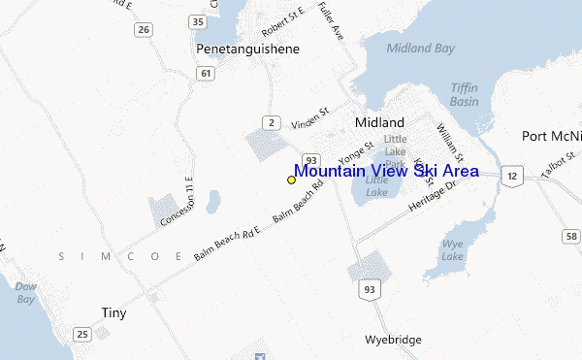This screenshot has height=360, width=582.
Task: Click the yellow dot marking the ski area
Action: [x=291, y=180]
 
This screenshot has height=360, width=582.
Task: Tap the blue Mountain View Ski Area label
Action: [x=386, y=171]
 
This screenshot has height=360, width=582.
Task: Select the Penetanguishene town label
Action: [x=247, y=49]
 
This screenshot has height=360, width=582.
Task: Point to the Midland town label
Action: [x=379, y=123]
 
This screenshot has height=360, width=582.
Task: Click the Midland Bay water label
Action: [x=420, y=47]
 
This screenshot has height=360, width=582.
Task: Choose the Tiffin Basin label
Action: [x=464, y=94]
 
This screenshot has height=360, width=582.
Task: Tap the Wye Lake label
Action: [x=452, y=251]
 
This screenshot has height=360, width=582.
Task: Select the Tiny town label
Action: [x=113, y=312]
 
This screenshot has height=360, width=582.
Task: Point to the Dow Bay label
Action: [x=26, y=293]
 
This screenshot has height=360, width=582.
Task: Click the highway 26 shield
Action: [x=144, y=30]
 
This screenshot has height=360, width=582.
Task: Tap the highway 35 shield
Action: [x=199, y=20]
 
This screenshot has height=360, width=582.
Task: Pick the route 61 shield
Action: [x=206, y=73]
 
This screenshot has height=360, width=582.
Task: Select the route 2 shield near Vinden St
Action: [x=274, y=121]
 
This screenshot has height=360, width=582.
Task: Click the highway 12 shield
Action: [x=512, y=175]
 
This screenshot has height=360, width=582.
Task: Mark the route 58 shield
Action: [x=571, y=237]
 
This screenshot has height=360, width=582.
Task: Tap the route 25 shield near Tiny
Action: [x=82, y=335]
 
